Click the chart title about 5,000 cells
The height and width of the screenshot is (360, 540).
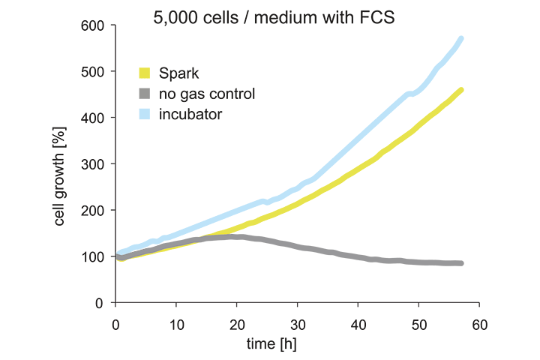tap(274, 18)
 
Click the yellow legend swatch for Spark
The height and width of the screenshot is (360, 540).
tap(145, 73)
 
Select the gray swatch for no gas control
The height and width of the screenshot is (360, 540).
tap(145, 94)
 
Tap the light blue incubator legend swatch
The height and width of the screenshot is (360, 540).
tap(145, 114)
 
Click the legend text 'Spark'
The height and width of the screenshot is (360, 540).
tap(178, 73)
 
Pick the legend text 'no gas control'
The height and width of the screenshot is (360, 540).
tap(207, 94)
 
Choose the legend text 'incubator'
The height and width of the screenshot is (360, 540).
tap(190, 114)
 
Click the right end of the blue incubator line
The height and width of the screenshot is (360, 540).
tap(460, 38)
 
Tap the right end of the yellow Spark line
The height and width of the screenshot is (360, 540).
tap(460, 90)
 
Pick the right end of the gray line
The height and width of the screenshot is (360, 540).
tap(460, 263)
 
